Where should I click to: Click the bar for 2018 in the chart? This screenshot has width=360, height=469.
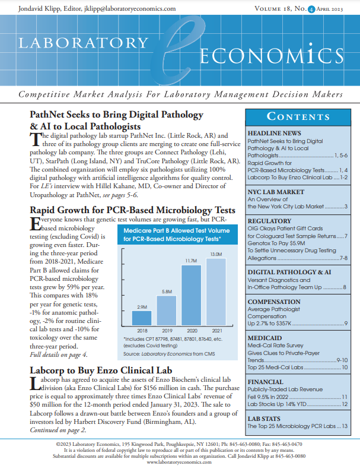(x=142, y=319)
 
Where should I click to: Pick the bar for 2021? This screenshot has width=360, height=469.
(x=216, y=291)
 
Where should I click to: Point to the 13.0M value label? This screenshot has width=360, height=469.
(x=216, y=254)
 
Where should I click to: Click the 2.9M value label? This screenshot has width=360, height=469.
(x=142, y=308)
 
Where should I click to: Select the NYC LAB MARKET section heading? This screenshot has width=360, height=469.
(x=276, y=192)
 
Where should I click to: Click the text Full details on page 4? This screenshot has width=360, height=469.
(x=59, y=355)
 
